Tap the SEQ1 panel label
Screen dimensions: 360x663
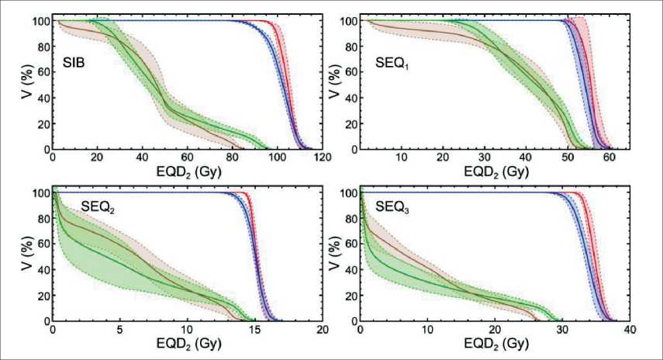tap(386, 63)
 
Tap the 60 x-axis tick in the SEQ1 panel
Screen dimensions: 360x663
tap(609, 157)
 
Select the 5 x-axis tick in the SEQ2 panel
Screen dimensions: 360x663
tap(119, 329)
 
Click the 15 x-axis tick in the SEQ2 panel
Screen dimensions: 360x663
tap(254, 329)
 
